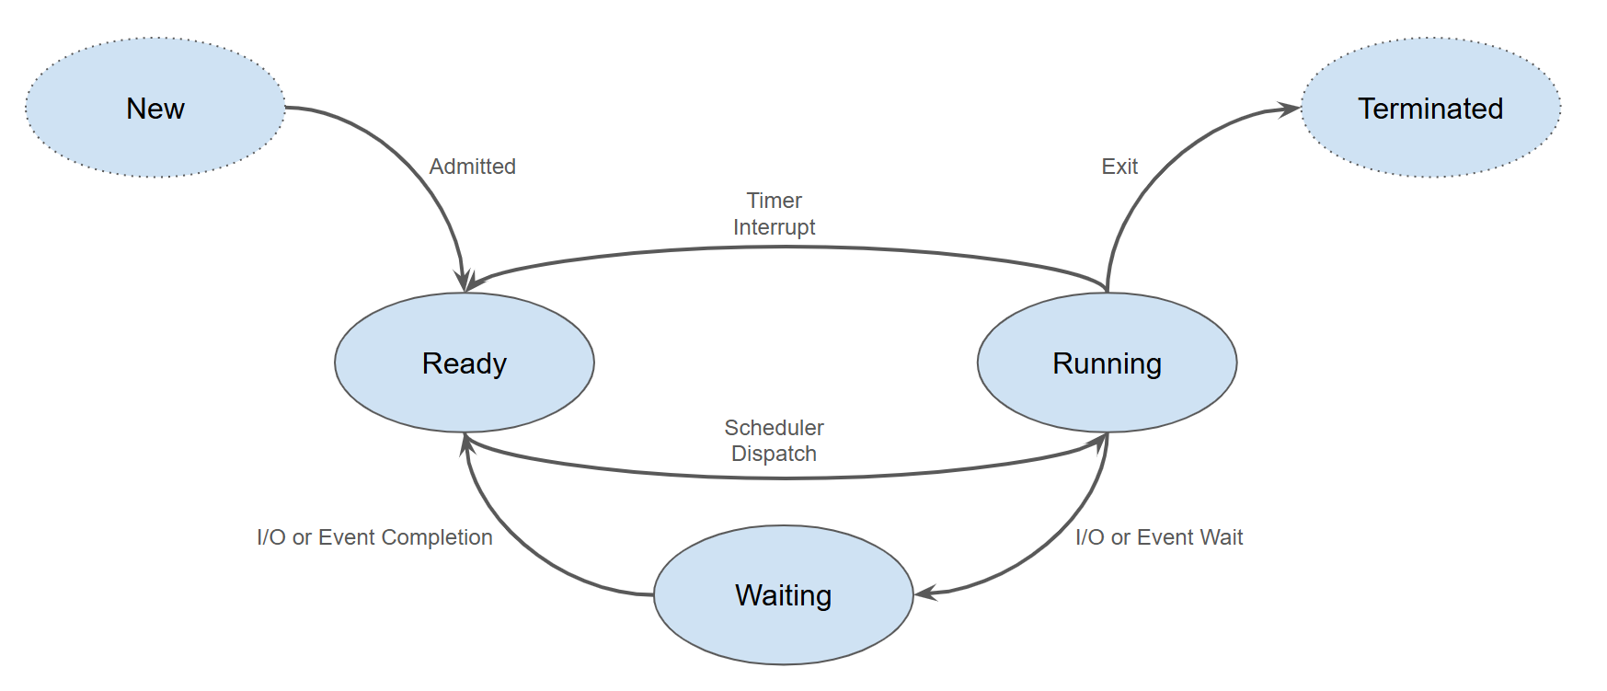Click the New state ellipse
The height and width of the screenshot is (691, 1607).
155,108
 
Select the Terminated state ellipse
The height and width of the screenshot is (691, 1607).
1430,108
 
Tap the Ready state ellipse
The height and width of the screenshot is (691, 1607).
464,363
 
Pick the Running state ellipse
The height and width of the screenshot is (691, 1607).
1107,363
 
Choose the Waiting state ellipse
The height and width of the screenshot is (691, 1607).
783,594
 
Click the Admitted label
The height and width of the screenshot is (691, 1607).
472,167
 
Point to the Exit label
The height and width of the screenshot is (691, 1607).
1119,167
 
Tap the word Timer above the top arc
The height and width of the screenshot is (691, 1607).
774,201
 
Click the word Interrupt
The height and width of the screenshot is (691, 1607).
774,227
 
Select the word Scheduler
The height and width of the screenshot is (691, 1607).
774,428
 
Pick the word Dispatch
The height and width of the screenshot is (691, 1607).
774,454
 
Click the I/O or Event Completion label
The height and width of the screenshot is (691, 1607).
374,537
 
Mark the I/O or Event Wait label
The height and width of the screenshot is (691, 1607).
1159,537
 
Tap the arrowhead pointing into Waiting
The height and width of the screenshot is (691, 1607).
925,593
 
